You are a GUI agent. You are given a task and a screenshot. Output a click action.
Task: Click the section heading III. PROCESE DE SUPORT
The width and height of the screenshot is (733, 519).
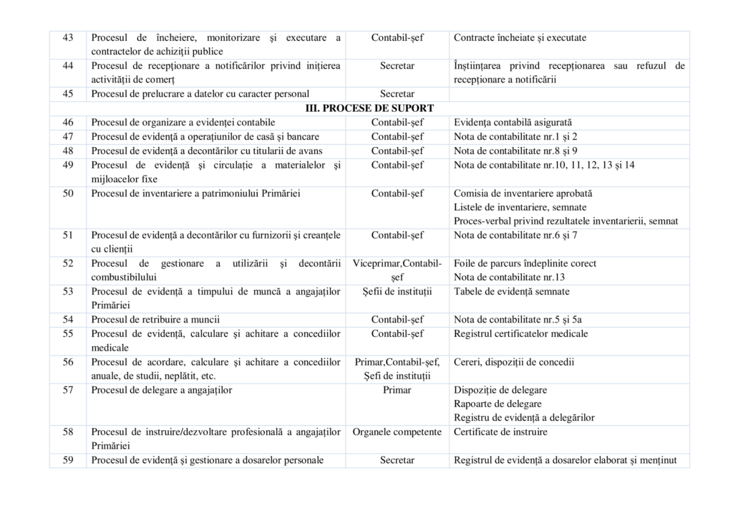pyautogui.click(x=369, y=108)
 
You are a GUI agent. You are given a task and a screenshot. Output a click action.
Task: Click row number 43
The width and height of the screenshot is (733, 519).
pyautogui.click(x=69, y=37)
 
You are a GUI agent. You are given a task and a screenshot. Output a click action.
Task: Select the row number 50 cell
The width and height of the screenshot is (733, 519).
pyautogui.click(x=69, y=194)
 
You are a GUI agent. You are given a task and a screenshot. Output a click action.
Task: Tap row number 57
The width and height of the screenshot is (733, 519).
pyautogui.click(x=69, y=390)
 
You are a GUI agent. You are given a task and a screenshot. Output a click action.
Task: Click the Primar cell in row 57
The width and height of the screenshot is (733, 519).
pyautogui.click(x=397, y=390)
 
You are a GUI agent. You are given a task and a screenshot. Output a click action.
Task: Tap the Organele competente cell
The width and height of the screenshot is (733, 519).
pyautogui.click(x=397, y=432)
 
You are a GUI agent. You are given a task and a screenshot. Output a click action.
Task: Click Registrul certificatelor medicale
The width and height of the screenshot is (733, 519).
pyautogui.click(x=521, y=333)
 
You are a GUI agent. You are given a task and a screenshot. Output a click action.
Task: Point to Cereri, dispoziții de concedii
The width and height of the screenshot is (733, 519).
pyautogui.click(x=514, y=362)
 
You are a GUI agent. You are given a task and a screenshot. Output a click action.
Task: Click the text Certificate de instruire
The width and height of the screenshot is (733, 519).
pyautogui.click(x=500, y=432)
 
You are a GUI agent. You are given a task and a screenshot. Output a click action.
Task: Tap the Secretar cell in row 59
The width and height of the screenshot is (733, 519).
pyautogui.click(x=397, y=460)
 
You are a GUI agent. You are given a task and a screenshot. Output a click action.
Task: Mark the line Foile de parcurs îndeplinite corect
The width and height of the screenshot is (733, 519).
pyautogui.click(x=525, y=263)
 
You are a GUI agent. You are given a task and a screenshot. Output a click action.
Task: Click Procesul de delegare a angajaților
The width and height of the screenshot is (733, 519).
pyautogui.click(x=162, y=390)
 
